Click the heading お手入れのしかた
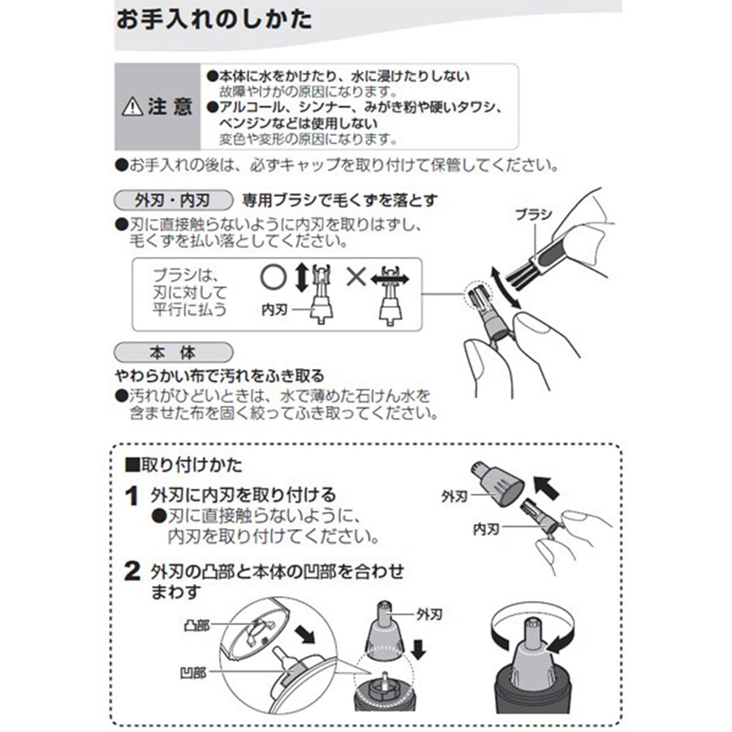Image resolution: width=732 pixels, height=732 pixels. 214,20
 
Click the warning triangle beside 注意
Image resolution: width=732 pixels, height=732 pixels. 132,107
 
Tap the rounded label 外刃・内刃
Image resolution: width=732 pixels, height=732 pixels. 173,200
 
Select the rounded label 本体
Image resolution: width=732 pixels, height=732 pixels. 173,353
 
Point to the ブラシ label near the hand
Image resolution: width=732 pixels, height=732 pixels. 534,215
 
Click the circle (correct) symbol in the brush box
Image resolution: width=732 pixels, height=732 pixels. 273,278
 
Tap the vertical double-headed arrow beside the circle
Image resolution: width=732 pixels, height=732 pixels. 302,278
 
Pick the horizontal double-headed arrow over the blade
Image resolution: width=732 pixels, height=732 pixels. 390,279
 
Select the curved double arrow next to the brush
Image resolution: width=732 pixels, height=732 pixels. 505,287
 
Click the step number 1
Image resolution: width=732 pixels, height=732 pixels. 132,496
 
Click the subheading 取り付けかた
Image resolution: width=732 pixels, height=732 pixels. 183,465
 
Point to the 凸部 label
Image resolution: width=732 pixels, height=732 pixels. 196,626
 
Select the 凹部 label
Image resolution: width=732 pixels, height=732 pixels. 193,673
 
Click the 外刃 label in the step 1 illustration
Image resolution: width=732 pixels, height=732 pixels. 454,497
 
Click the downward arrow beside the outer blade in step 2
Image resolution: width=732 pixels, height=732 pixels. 419,650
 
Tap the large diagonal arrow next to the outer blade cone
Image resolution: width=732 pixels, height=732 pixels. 546,488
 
